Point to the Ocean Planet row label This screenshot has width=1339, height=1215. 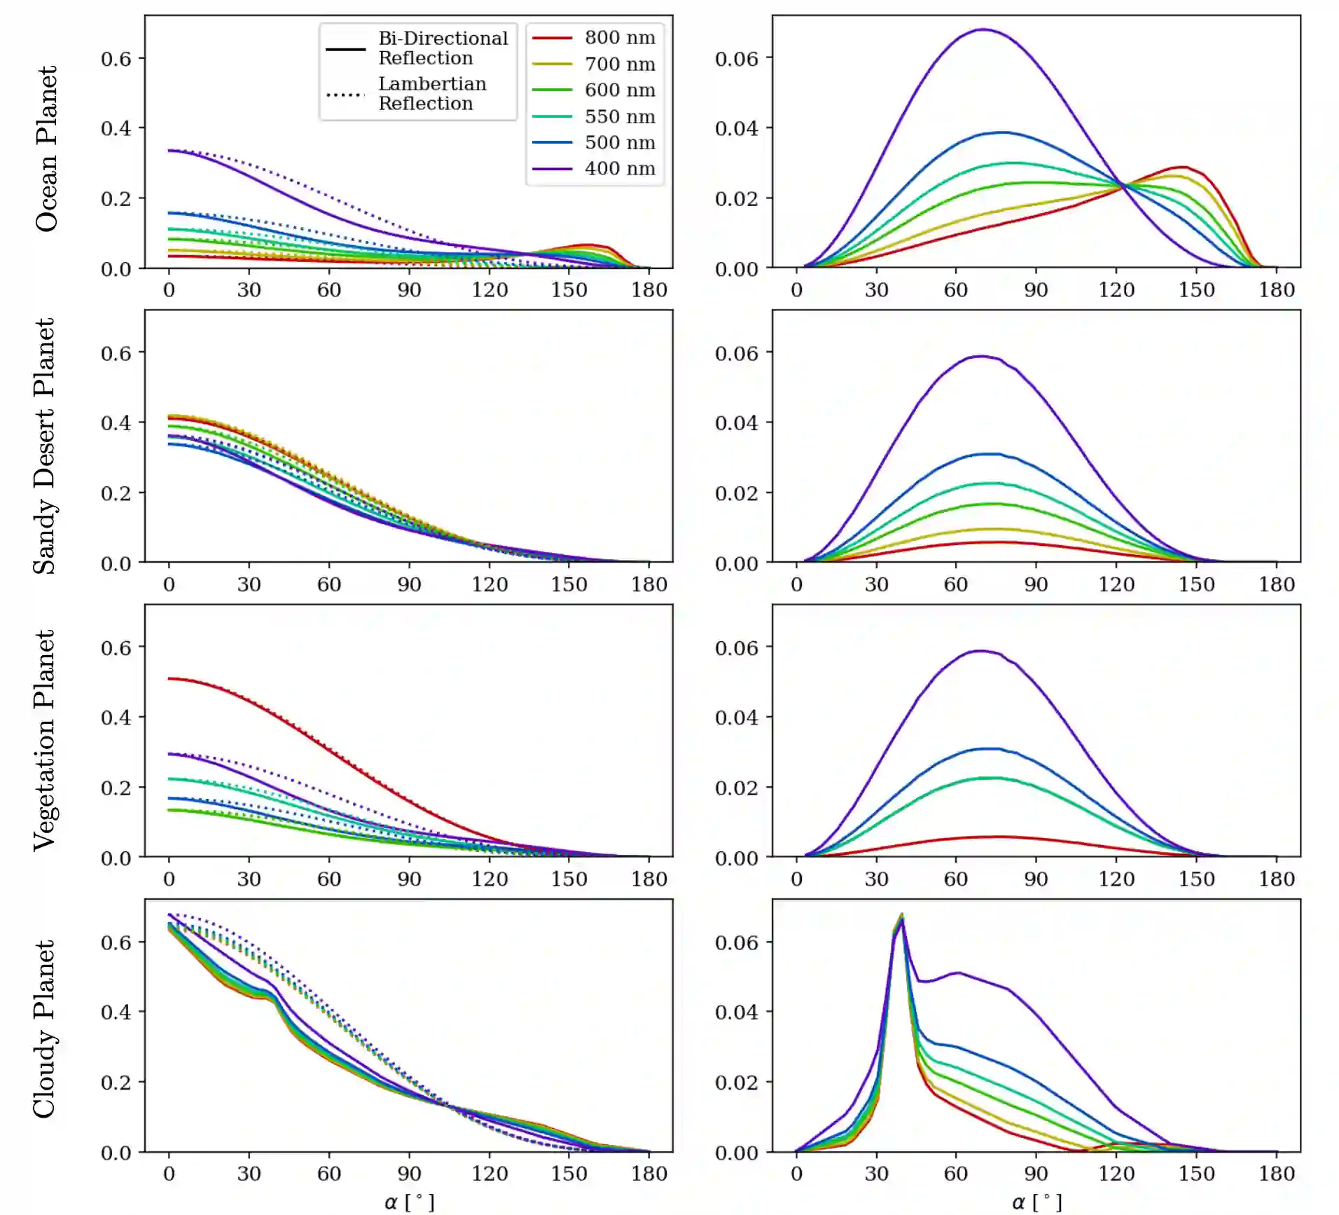coord(46,149)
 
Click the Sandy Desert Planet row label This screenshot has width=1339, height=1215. coord(44,446)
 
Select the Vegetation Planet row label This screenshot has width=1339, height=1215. coord(44,741)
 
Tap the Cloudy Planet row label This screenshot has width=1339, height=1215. coord(44,1029)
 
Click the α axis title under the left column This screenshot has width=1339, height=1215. coord(410,1202)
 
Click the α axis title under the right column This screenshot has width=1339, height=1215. coord(1037,1202)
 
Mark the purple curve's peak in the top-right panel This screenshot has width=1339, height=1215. coord(984,29)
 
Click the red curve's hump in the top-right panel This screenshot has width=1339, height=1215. coord(1183,167)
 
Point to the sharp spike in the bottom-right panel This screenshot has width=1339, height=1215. coord(902,915)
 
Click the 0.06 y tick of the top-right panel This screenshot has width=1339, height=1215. coord(736,59)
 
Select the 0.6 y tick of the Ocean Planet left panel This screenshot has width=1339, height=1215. coord(116,59)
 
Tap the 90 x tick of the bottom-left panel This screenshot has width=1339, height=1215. coord(409,1174)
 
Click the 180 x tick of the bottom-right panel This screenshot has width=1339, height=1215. coord(1277,1174)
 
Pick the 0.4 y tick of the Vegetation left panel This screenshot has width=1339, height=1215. coord(116,718)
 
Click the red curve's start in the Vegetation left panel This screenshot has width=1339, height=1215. coord(169,678)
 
